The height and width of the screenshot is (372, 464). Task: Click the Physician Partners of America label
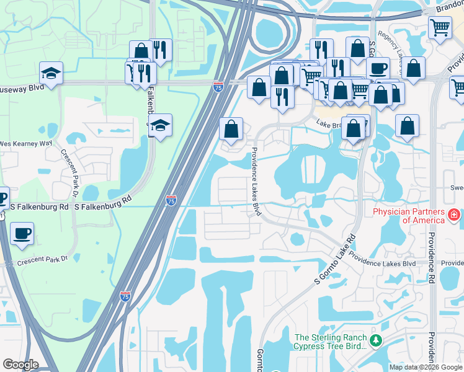point(408,216)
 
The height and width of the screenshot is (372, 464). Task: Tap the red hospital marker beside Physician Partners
point(454,215)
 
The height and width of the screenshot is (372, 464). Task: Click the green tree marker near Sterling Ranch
point(375,340)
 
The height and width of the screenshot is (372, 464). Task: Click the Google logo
point(20,365)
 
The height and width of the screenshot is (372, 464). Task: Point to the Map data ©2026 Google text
point(425,367)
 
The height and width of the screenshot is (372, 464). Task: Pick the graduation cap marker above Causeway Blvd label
point(50,73)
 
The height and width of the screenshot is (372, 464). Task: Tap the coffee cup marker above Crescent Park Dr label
point(22,233)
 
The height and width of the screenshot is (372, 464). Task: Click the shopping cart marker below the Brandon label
point(439,27)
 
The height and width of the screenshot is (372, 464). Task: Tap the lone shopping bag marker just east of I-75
point(231,129)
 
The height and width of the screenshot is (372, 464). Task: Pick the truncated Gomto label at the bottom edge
point(261,360)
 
